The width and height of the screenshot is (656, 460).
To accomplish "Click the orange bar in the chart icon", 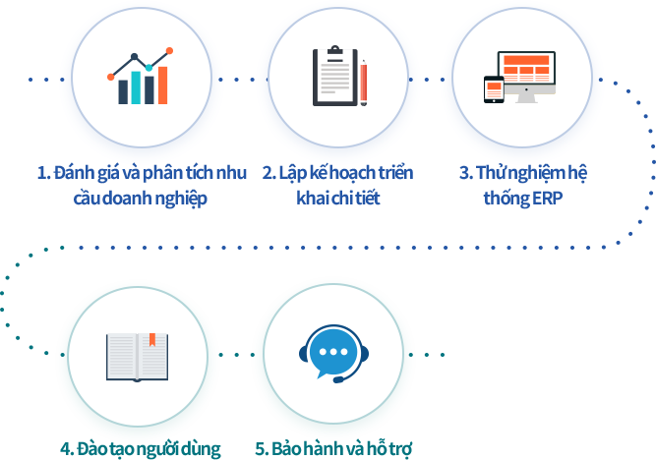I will tap(162, 85).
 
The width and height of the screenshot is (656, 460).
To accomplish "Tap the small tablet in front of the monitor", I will tap(493, 88).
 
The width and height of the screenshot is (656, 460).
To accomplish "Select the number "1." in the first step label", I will tap(43, 174).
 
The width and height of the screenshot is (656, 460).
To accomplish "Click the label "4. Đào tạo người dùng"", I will tap(140, 449).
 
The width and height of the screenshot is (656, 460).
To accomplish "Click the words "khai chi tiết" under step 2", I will tap(337, 198).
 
